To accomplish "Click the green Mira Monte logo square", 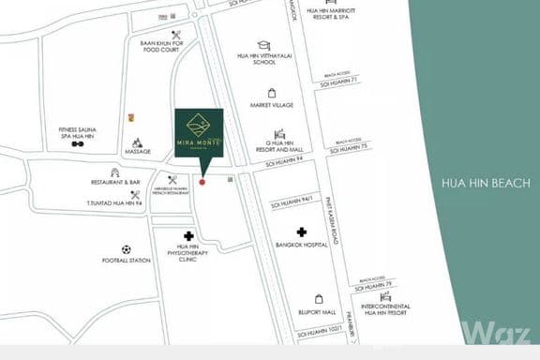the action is tap(199, 133).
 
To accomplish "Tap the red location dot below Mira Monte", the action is tap(202, 181).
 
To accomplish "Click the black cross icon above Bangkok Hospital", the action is tap(302, 232).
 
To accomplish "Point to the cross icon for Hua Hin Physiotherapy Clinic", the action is tap(188, 236).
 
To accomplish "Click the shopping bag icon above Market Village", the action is tap(272, 93).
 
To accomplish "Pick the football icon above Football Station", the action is tap(127, 250).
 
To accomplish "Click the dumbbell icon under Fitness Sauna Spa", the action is tap(78, 145).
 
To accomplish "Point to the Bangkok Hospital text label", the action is tap(302, 245).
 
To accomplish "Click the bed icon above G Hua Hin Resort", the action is tap(278, 134).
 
